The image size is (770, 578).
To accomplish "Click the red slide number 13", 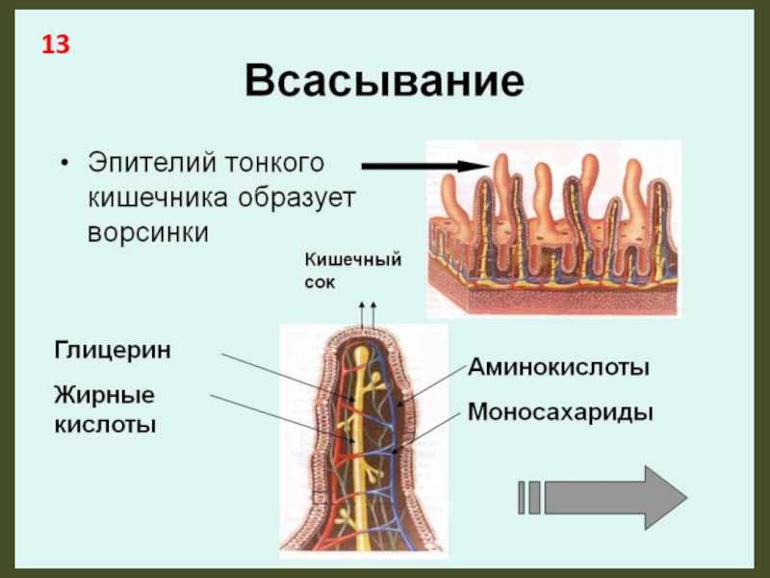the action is click(x=54, y=44).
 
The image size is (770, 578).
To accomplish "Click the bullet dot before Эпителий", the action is click(x=64, y=163).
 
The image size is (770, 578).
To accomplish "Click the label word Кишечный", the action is click(x=352, y=258).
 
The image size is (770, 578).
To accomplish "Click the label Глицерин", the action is click(x=113, y=350).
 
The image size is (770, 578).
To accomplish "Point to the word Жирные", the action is click(x=104, y=396).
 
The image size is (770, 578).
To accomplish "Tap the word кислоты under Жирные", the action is click(x=105, y=424).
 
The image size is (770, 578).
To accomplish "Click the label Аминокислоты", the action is click(x=559, y=367).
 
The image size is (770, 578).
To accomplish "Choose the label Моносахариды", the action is click(x=561, y=412).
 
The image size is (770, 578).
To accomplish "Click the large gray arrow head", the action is click(x=664, y=497).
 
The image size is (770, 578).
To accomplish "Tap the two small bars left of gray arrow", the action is click(x=528, y=497).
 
